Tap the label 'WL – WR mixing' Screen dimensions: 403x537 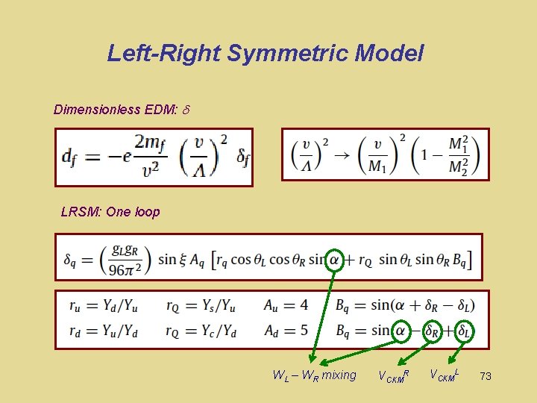[x=315, y=375]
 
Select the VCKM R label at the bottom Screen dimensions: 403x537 [x=394, y=375]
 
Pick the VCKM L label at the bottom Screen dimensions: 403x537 [x=445, y=374]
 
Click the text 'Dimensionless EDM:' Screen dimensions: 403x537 [x=116, y=110]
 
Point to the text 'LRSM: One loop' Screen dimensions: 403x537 [x=110, y=212]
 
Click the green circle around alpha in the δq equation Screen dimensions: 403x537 [x=336, y=259]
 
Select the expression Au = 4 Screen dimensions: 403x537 [x=286, y=304]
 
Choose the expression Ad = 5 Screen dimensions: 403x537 [x=286, y=330]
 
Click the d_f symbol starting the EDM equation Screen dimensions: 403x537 [x=69, y=157]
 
